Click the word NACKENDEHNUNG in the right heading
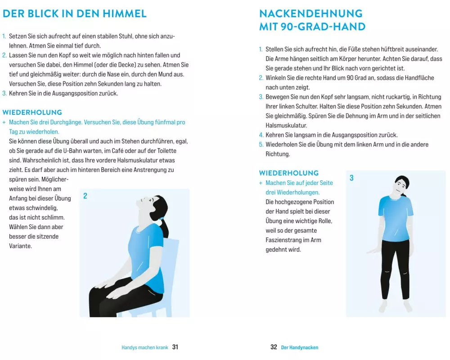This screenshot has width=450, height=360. pyautogui.click(x=311, y=13)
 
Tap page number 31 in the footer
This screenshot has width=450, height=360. pyautogui.click(x=175, y=347)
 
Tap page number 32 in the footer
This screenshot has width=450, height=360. pyautogui.click(x=274, y=347)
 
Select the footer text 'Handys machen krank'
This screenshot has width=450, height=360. pyautogui.click(x=144, y=347)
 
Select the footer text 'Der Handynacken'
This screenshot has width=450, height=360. pyautogui.click(x=300, y=347)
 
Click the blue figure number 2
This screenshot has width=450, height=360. pyautogui.click(x=85, y=196)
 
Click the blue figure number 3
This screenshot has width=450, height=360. pyautogui.click(x=351, y=178)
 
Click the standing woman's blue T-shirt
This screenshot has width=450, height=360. pyautogui.click(x=396, y=219)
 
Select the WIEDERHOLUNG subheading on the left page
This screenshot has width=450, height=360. pyautogui.click(x=32, y=112)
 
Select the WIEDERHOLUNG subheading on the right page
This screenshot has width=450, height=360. pyautogui.click(x=289, y=173)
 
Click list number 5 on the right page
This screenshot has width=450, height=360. pyautogui.click(x=261, y=144)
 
